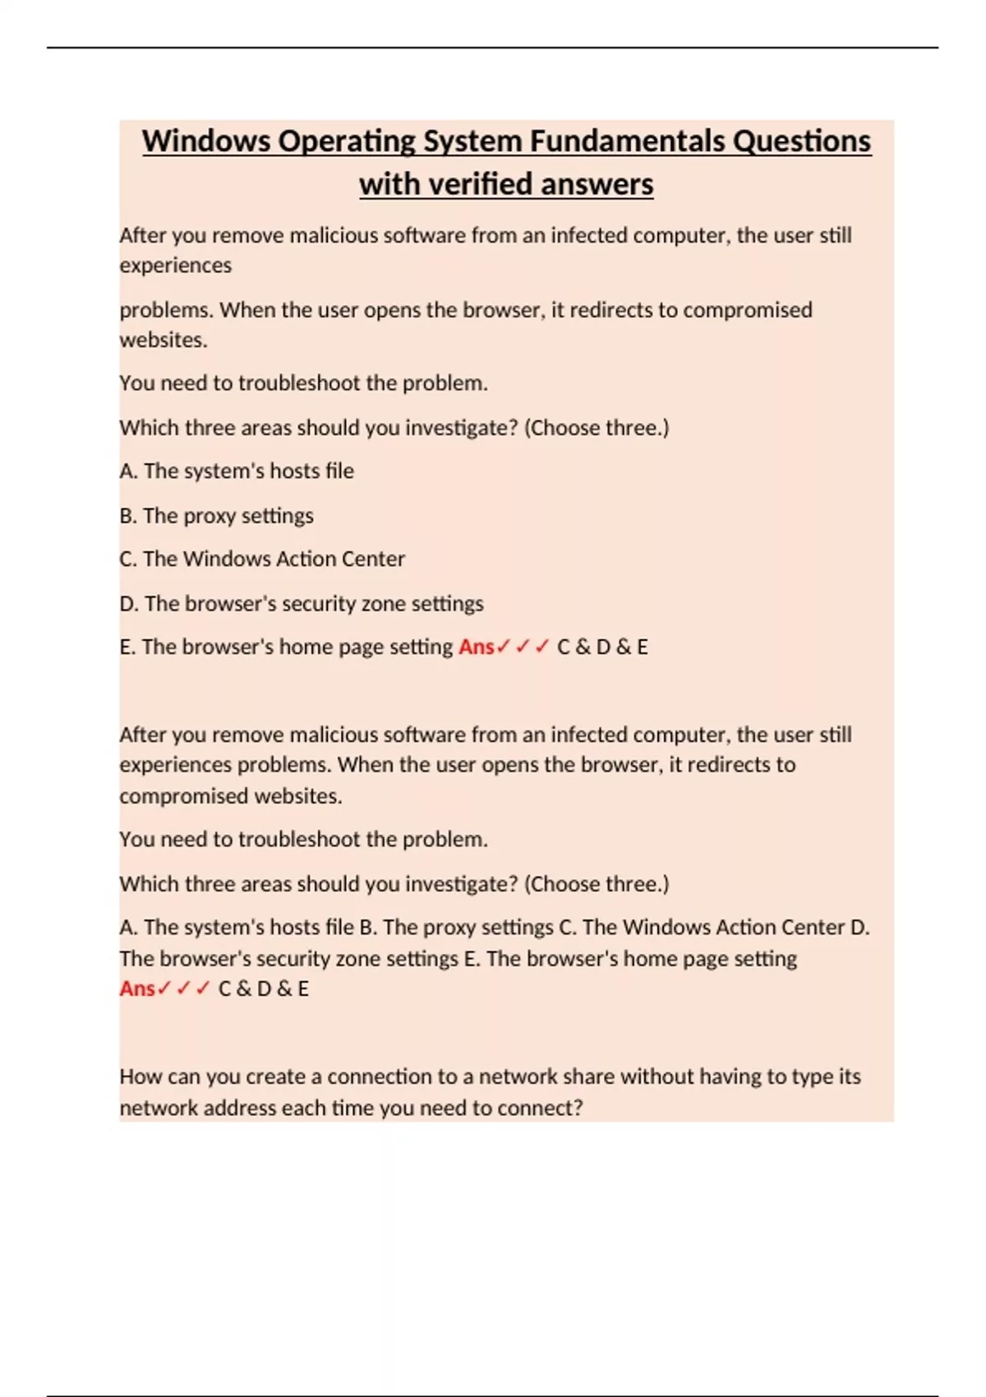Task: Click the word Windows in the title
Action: (206, 141)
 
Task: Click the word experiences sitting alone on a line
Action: (175, 265)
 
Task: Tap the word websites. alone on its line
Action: (163, 339)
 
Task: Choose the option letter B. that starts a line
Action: (127, 516)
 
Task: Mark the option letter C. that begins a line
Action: (127, 560)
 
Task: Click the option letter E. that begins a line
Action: (127, 648)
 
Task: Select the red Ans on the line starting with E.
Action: (477, 648)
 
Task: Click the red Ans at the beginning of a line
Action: (137, 989)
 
